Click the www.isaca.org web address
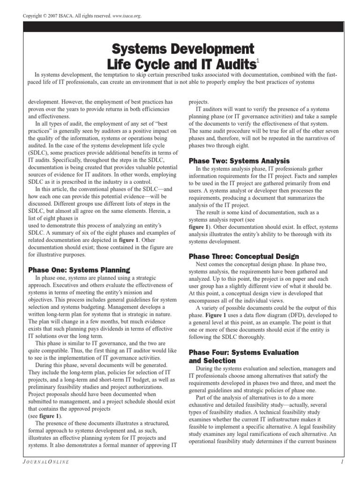pos(125,16)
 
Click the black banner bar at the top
pos(180,29)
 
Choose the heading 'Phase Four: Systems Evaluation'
pos(243,352)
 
